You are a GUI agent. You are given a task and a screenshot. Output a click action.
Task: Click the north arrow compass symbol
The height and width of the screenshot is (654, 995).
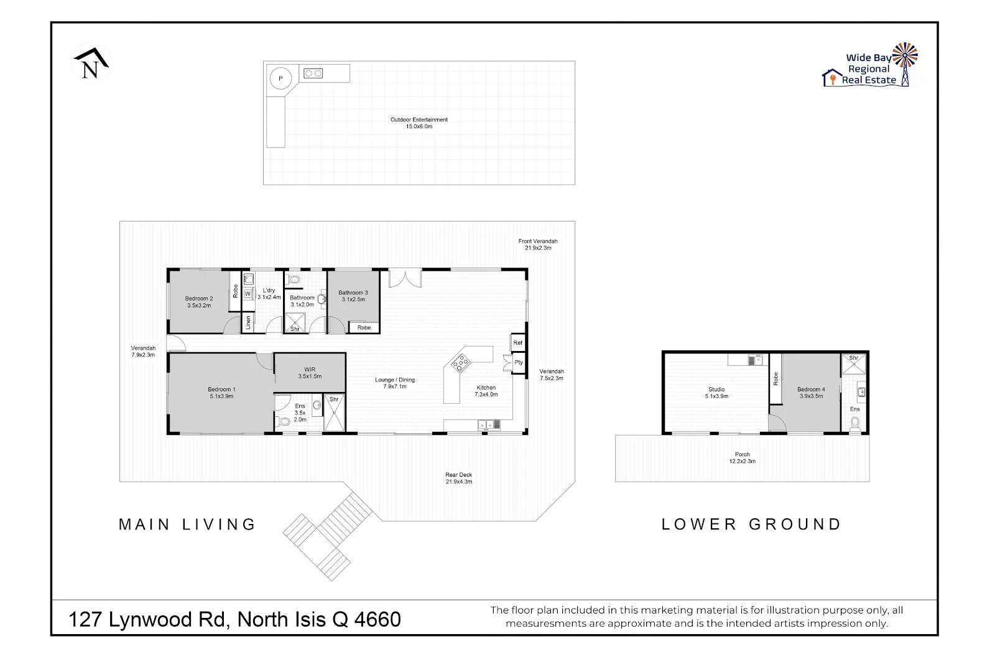pos(91,63)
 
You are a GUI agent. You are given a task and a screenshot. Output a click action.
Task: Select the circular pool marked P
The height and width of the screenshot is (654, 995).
pos(280,78)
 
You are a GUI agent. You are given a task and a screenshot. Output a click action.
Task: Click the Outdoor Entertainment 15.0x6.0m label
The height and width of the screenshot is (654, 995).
pos(419,123)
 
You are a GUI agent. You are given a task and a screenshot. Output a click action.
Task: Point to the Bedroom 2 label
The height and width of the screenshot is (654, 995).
pos(199,302)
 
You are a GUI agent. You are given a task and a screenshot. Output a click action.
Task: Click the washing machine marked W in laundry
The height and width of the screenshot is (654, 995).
pos(248,294)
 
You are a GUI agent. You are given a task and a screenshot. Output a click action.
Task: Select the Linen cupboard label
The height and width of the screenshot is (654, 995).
pos(248,322)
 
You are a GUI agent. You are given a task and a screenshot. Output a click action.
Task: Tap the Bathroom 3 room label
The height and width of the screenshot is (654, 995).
pos(353,296)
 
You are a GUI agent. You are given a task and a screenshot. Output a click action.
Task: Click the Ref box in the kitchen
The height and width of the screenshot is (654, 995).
pos(517,343)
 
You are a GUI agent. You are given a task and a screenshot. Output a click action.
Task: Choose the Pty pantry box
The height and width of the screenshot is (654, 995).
pos(518,362)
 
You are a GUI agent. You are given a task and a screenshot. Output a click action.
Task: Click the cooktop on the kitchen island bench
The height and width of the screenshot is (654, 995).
pos(460,362)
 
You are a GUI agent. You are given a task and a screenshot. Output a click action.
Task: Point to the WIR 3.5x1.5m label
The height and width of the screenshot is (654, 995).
pos(310,373)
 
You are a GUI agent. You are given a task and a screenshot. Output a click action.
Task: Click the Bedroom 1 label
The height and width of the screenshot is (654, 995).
pos(221,393)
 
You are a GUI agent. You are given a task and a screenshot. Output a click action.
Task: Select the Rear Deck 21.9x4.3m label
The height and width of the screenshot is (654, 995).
pos(458,478)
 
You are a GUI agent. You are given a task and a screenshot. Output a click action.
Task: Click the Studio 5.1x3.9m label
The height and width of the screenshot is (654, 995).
pos(716,393)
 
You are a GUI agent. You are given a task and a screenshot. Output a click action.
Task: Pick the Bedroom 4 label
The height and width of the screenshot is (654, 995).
pos(810,393)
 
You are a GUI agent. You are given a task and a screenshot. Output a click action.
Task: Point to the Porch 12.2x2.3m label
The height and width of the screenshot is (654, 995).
pos(742,458)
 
